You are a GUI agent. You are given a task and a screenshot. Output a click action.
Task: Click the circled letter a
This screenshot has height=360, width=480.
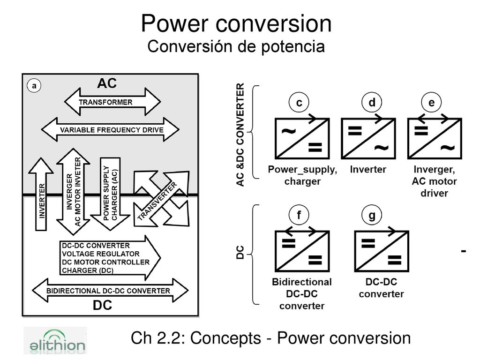[34, 85]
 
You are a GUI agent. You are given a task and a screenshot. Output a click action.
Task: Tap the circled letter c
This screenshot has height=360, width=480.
[299, 102]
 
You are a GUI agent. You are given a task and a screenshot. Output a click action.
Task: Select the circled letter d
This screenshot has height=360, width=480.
[372, 102]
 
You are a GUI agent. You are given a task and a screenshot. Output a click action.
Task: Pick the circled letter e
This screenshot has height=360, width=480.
[431, 102]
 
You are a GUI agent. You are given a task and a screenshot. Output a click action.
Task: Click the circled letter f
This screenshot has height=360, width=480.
[299, 215]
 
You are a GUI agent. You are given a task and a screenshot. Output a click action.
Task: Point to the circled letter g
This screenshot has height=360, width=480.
[372, 215]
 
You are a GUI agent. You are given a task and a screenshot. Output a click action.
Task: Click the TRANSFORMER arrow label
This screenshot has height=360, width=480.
[105, 102]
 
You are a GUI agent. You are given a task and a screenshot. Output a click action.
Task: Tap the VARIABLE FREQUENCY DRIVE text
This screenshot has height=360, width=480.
[112, 130]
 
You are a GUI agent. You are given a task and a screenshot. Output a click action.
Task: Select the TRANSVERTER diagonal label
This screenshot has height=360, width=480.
[157, 201]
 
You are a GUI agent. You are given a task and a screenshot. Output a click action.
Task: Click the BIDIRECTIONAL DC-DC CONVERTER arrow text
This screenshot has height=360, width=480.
[108, 291]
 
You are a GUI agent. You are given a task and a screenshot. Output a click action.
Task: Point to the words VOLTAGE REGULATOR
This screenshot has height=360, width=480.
[101, 254]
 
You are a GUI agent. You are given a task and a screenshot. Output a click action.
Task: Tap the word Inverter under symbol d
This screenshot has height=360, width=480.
[368, 169]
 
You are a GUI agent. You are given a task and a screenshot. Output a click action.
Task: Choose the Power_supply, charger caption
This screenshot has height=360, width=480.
[302, 175]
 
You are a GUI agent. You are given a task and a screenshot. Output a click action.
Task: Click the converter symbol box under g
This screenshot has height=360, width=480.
[382, 251]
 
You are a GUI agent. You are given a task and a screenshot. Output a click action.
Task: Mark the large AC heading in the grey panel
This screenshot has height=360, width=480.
[107, 83]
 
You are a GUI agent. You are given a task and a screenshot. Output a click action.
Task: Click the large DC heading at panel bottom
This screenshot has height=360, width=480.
[103, 305]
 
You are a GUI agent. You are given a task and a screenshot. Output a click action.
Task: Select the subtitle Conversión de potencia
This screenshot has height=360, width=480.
[236, 46]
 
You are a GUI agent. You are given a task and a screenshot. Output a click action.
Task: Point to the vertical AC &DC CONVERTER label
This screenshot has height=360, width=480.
[240, 135]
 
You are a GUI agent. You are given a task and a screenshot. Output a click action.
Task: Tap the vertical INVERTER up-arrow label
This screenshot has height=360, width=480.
[42, 201]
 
